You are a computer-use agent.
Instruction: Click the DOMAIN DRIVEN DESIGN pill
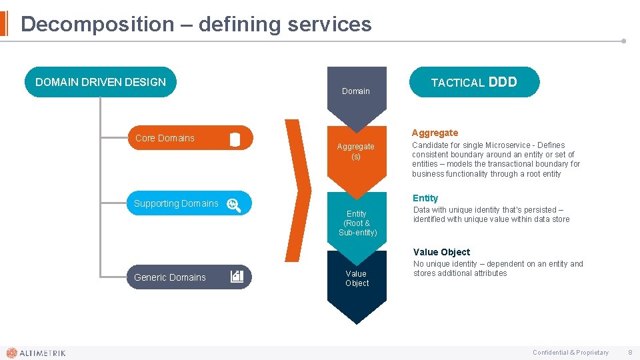click(x=101, y=82)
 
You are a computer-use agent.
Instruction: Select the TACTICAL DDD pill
click(x=474, y=82)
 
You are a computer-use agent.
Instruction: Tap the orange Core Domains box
click(x=190, y=138)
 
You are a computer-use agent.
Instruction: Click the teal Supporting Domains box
click(x=189, y=203)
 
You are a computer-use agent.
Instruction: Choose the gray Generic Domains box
click(x=189, y=277)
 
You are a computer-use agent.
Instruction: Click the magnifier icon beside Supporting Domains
click(x=233, y=205)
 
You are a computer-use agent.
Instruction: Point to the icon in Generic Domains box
click(x=237, y=277)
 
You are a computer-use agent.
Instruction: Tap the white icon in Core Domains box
click(x=235, y=139)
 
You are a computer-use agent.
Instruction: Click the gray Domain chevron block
click(x=356, y=93)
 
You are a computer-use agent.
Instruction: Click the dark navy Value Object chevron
click(x=357, y=283)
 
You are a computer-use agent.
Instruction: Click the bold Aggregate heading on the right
click(x=435, y=133)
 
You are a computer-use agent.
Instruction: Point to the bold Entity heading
click(x=425, y=198)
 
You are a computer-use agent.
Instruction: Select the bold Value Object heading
click(x=441, y=252)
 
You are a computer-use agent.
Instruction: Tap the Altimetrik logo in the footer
click(x=36, y=353)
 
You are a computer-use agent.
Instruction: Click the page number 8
click(x=630, y=352)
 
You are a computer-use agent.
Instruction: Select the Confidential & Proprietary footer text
click(x=570, y=353)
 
